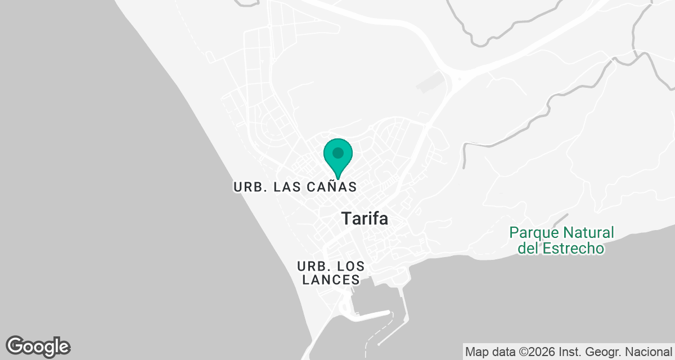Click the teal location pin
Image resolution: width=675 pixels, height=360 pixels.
[x=338, y=157]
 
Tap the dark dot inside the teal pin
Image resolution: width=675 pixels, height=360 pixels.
[x=338, y=152]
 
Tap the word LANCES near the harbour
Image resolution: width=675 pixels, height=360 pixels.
[x=331, y=280]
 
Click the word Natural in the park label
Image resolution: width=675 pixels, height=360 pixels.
[x=589, y=232]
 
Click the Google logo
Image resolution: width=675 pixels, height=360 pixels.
[x=38, y=346]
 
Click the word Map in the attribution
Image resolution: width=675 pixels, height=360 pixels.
[x=476, y=352]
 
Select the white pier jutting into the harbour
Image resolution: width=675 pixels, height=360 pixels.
[x=369, y=314]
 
